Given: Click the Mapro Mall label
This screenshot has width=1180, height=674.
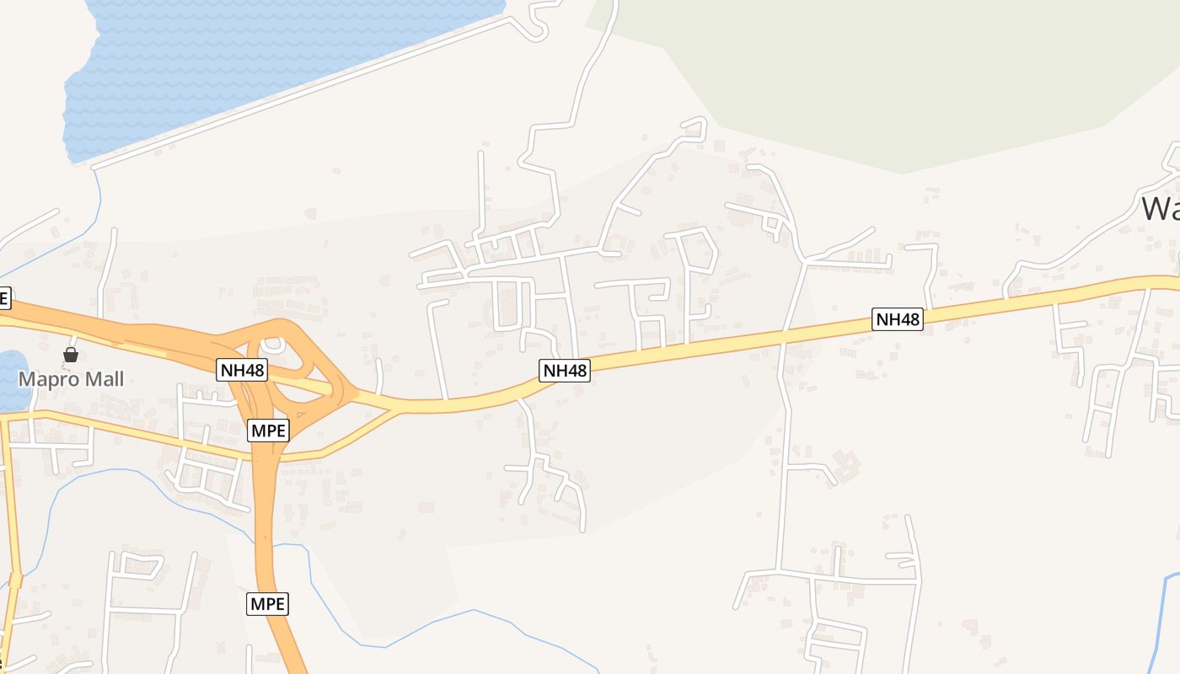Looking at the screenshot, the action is [x=71, y=379].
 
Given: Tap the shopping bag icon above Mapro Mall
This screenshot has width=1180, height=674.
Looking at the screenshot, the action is [x=71, y=355].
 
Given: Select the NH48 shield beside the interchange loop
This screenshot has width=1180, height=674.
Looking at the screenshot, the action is [x=242, y=369].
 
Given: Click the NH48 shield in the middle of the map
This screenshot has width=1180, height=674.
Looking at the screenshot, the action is [x=565, y=370].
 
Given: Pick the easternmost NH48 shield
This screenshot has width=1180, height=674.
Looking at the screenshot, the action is [x=898, y=319].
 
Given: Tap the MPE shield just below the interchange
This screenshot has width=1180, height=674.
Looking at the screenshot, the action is [x=269, y=431].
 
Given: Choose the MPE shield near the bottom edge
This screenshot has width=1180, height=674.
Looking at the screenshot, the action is [x=268, y=603].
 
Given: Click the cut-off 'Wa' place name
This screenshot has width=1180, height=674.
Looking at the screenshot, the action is [x=1160, y=208].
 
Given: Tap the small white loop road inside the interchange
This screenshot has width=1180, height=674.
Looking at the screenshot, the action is [x=272, y=345].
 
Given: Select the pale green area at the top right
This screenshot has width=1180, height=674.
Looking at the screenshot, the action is [x=885, y=76].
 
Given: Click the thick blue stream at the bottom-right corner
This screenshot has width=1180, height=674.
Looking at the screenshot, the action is [x=1159, y=623].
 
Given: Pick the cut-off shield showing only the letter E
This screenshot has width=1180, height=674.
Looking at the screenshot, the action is [x=4, y=297].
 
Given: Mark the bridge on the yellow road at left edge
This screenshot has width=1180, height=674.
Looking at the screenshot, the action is [x=15, y=580].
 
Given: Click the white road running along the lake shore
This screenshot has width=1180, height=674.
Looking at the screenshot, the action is [x=295, y=93].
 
